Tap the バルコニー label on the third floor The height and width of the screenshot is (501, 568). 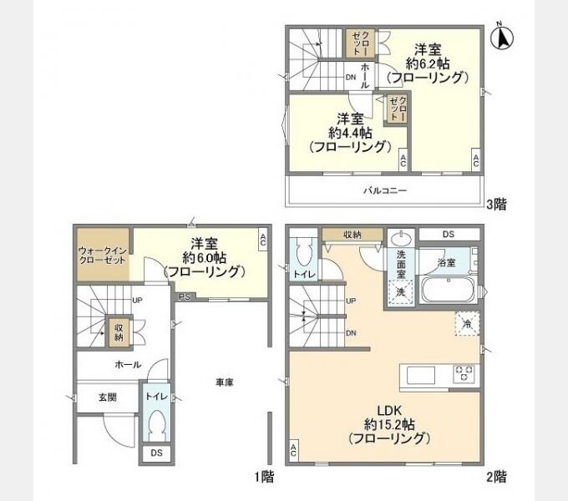[385, 190]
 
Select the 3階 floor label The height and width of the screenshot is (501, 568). [496, 205]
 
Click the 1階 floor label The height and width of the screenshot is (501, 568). [264, 477]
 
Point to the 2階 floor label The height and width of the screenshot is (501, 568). [496, 477]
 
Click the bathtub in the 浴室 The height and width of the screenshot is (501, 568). [449, 289]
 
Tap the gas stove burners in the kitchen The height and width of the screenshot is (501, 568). [464, 374]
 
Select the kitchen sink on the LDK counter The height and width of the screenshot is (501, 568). [420, 375]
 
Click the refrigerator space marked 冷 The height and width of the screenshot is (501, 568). [467, 324]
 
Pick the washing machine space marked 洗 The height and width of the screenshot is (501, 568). [400, 291]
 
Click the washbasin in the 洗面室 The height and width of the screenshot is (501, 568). [401, 239]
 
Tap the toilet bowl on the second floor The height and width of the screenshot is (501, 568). [303, 252]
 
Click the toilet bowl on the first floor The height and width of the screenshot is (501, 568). [156, 425]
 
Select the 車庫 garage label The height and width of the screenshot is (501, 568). [225, 382]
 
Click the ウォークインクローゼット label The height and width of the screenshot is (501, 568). [103, 255]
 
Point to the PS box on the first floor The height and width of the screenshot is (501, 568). [185, 296]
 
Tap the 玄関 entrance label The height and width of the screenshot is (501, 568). [108, 397]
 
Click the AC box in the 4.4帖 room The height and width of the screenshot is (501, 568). [403, 159]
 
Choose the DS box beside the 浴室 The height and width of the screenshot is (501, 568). [449, 234]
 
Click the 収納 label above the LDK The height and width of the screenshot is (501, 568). [352, 235]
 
